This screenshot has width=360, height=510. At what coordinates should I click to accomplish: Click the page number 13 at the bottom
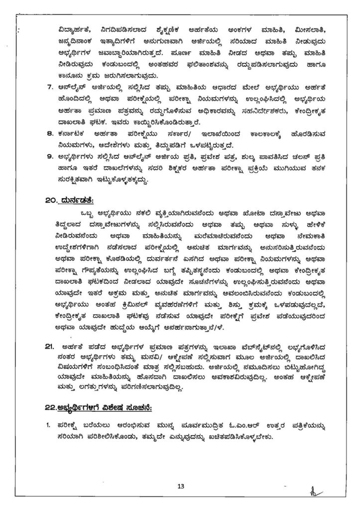[180, 487]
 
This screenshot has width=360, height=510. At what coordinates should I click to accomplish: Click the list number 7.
[50, 87]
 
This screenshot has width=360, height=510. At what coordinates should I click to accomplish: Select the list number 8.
[50, 133]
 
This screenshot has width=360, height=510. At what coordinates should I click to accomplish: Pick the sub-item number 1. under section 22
[48, 426]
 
